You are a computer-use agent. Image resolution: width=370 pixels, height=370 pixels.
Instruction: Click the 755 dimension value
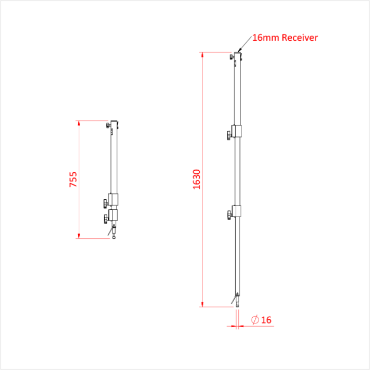(x=73, y=180)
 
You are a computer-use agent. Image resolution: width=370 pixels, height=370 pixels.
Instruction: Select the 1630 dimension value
(x=197, y=179)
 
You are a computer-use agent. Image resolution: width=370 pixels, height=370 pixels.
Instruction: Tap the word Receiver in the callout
(x=300, y=38)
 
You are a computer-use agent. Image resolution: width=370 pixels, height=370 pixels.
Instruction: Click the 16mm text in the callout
(x=266, y=38)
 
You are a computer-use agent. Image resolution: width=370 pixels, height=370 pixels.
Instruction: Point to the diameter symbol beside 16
(x=254, y=320)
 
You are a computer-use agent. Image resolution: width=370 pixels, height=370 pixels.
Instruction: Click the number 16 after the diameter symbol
(x=266, y=320)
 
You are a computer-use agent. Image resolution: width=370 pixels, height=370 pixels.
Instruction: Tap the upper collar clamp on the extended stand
(x=236, y=132)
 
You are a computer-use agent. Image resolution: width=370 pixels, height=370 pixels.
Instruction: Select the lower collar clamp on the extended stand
(x=236, y=211)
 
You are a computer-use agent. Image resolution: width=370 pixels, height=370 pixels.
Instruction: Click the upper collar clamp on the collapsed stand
(x=114, y=200)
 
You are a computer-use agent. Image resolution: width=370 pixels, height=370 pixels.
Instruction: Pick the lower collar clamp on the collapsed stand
(x=114, y=216)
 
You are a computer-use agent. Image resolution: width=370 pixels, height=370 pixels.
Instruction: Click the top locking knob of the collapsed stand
(x=108, y=125)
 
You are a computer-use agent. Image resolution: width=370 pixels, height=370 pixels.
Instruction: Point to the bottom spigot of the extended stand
(x=237, y=302)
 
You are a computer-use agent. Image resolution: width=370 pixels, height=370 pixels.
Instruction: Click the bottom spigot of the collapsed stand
(x=114, y=235)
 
